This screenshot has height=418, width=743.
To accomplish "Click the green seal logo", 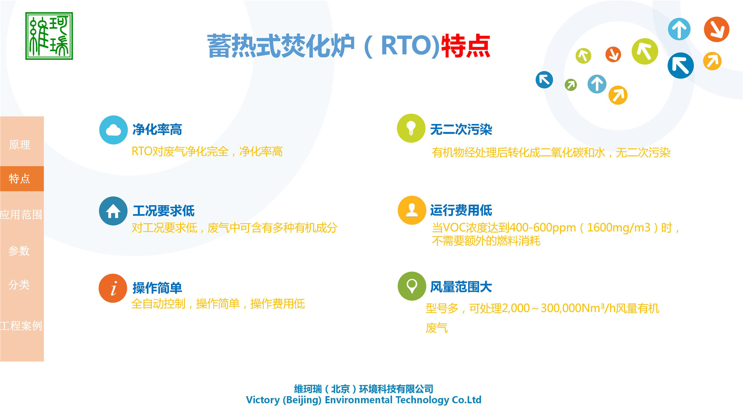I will pos(49,36).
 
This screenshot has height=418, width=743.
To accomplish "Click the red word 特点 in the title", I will pos(466,46).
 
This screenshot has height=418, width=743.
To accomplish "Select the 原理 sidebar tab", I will pos(20,145).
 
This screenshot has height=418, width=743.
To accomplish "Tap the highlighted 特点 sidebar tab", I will pos(20,179).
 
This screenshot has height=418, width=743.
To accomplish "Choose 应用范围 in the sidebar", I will pos(21,215).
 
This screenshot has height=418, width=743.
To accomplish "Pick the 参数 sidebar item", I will pos(19,251).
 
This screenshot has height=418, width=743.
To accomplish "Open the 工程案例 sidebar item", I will pos(21,326).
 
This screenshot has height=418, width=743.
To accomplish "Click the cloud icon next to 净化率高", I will pos(113,130).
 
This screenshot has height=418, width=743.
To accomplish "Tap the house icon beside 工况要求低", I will pos(113,211).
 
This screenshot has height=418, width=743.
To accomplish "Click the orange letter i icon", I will pos(113,288).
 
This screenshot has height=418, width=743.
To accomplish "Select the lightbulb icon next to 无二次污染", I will pos(411,128).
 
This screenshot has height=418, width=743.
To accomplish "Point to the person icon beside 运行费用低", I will pos(412,210).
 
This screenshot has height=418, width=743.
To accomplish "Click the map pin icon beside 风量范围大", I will pos(412,286).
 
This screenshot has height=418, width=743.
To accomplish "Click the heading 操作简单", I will pos(157,288).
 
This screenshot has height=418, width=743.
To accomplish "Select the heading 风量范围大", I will pos(461,287).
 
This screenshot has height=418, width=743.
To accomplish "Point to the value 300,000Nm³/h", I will pos(578,308).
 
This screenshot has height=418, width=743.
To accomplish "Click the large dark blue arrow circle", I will pos(680,66).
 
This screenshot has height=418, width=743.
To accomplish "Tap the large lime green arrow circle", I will pos(645,51).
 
